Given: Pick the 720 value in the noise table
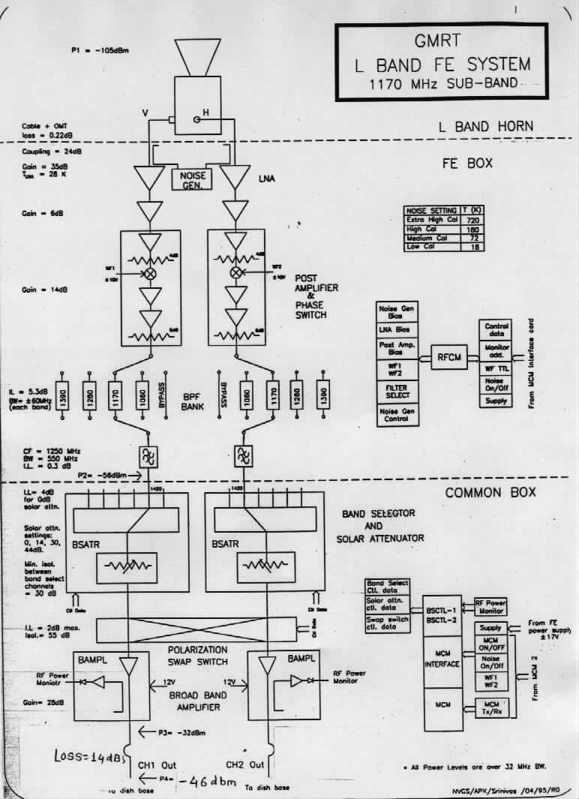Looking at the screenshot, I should point(474,221).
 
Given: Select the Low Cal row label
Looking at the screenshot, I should point(423,247).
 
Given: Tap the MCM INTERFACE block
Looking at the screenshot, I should point(442,659).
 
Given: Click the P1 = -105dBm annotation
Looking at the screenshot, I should point(98,50).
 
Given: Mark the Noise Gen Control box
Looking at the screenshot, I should point(397,415).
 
